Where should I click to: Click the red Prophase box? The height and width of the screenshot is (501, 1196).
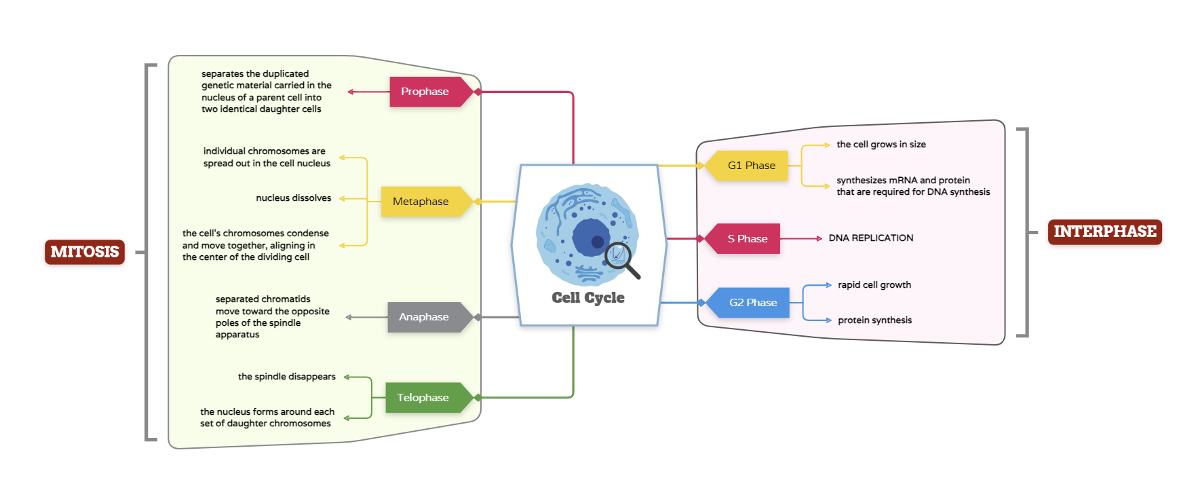point(425,92)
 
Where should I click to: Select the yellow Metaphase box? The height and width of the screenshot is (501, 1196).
point(421,202)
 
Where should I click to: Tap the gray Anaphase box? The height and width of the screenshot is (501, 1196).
point(424,317)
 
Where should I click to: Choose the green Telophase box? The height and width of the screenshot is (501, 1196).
point(423,398)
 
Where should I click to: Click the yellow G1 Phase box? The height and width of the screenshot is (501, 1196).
point(751,166)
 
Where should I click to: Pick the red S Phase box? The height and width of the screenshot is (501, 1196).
point(747,239)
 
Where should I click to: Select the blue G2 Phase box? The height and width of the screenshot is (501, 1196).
point(752,303)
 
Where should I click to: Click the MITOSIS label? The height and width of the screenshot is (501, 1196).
point(85,252)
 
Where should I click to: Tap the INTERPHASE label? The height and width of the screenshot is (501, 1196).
point(1104,231)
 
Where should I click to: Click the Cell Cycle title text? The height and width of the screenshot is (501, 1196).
point(588,297)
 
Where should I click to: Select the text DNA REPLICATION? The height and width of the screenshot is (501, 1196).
point(870,238)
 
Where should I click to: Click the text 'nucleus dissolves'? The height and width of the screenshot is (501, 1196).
point(293,198)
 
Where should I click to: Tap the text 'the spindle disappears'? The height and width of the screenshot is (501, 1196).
point(286,377)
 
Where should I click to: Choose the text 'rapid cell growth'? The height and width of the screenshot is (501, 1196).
point(874,285)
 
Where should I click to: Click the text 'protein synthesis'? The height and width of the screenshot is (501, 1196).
point(874,320)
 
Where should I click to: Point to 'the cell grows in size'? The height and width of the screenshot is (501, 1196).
point(881,145)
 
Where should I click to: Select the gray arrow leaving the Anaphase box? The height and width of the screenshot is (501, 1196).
point(366,317)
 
